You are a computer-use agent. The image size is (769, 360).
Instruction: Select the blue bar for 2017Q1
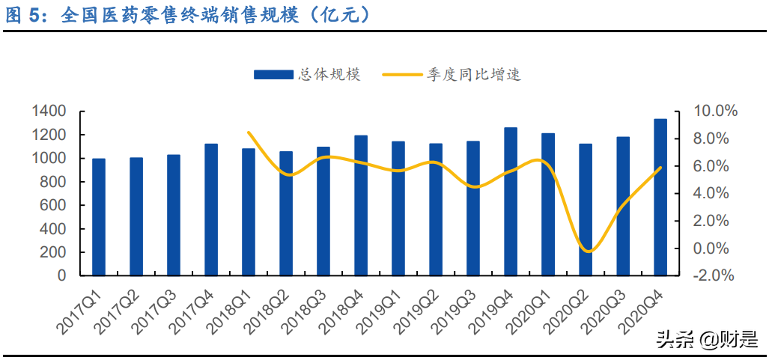click(99, 217)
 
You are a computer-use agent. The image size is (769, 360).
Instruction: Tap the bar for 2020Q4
click(660, 197)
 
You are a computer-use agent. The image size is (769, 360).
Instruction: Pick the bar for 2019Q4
click(511, 201)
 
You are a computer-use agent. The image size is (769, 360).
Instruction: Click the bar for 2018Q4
click(361, 205)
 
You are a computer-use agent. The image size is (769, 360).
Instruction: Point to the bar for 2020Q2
click(586, 210)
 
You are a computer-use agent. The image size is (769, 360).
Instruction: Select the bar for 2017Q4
click(211, 210)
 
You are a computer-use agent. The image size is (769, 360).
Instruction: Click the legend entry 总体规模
click(307, 74)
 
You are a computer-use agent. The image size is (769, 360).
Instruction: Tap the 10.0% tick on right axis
click(716, 112)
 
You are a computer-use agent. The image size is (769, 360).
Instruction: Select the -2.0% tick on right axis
click(716, 275)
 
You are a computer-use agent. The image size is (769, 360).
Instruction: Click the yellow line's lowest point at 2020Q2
click(588, 251)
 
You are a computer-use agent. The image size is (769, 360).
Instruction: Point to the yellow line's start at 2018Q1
click(249, 132)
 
